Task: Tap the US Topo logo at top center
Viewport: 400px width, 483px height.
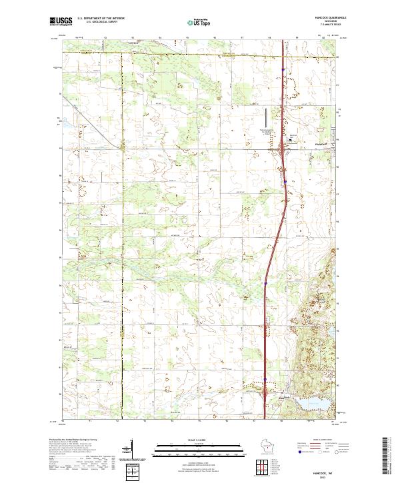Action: (195, 22)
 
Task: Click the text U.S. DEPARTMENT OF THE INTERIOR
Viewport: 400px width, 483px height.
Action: (101, 18)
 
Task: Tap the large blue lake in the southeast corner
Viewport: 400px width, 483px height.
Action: (310, 404)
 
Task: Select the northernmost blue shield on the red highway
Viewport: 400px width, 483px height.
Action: (283, 68)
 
